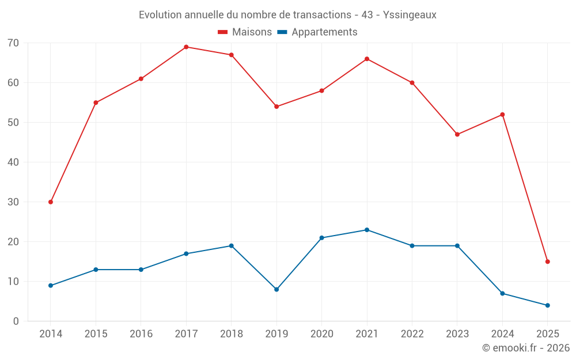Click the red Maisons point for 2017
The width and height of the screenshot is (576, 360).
[x=186, y=47]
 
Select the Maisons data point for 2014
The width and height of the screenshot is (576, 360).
[x=51, y=202]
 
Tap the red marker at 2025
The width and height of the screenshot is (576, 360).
[x=547, y=262]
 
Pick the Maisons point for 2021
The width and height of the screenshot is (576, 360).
[x=367, y=59]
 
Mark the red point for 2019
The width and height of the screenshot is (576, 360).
[x=276, y=107]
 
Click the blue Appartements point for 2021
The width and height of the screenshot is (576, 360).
[x=367, y=230]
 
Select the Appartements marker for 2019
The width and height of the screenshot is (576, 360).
[x=276, y=289]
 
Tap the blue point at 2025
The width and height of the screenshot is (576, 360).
[x=547, y=305]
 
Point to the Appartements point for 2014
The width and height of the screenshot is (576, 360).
[x=51, y=286]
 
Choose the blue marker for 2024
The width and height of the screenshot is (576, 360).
[x=502, y=293]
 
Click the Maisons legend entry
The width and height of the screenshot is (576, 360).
[x=252, y=32]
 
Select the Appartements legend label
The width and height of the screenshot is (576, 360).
[x=324, y=32]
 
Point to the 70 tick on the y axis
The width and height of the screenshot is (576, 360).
[x=13, y=43]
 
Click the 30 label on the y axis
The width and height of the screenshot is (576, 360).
[x=13, y=202]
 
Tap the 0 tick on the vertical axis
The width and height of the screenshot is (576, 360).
[x=16, y=321]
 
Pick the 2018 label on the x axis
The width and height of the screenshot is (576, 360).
[x=231, y=334]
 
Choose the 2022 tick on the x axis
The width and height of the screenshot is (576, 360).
[x=412, y=334]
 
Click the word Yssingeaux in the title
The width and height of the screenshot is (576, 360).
[x=408, y=15]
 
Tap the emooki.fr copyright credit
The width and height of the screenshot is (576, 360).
[x=525, y=348]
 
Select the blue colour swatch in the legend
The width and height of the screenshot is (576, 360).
[x=283, y=32]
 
